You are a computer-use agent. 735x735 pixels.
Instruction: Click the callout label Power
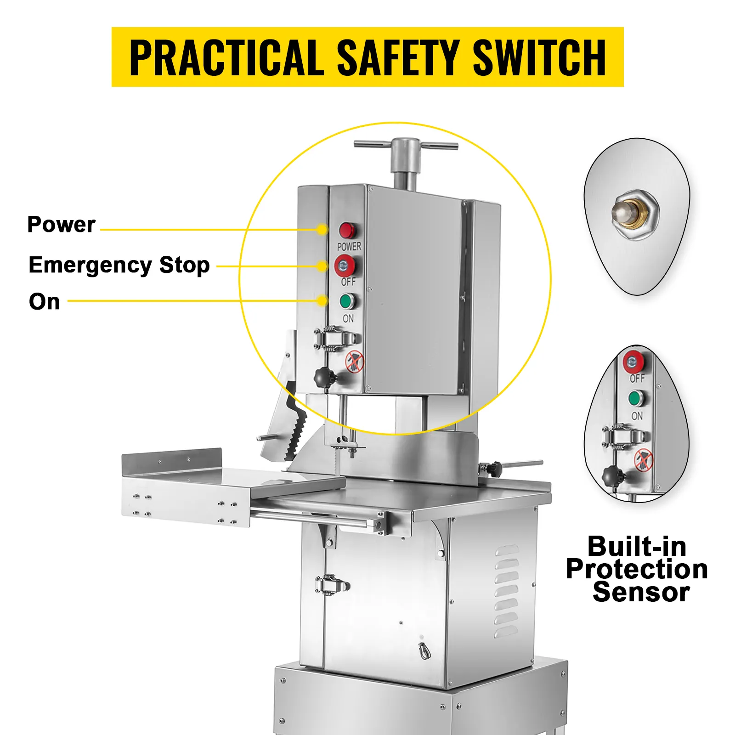[x=61, y=225]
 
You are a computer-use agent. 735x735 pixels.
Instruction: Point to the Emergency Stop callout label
[x=119, y=266]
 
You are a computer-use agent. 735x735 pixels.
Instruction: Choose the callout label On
[x=44, y=302]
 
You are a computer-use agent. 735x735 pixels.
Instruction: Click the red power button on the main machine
[x=348, y=231]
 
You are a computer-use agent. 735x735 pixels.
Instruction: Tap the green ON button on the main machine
[x=347, y=302]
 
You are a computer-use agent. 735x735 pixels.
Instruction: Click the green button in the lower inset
[x=635, y=398]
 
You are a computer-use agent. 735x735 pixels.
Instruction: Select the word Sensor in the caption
[x=641, y=592]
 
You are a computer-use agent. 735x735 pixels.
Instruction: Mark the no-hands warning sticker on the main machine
[x=355, y=362]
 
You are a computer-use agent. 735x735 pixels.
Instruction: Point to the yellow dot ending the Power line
[x=322, y=230]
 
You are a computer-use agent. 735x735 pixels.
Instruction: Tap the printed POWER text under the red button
[x=349, y=247]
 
